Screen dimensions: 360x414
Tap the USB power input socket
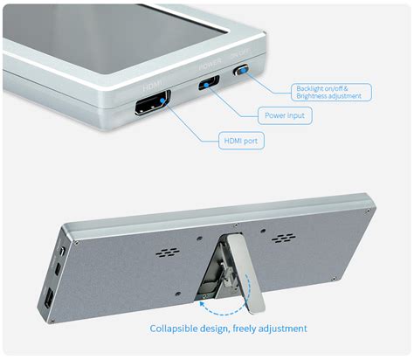[x=210, y=84]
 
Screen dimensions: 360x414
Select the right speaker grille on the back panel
[x=282, y=238]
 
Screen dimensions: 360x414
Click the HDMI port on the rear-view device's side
[x=49, y=300]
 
